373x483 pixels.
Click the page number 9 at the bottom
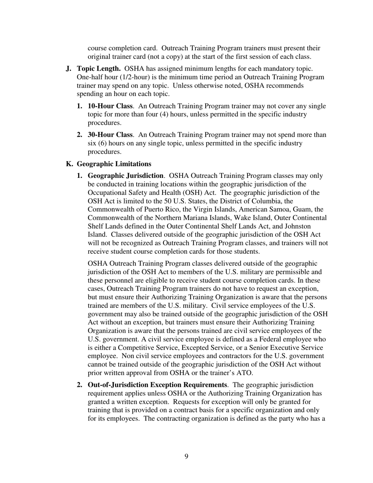click(186, 456)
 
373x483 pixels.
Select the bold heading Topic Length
click(99, 69)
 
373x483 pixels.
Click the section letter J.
click(68, 69)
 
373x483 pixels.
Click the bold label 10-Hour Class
click(110, 106)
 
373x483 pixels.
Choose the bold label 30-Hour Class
click(110, 135)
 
